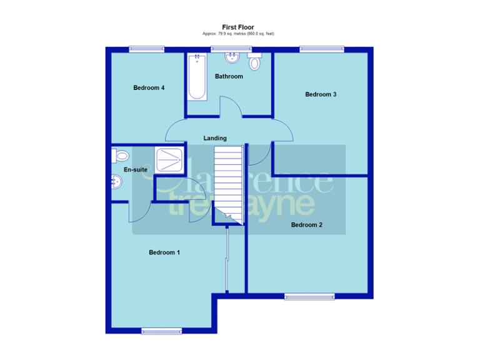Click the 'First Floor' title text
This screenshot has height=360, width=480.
click(238, 27)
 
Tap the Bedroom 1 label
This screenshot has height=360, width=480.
click(164, 252)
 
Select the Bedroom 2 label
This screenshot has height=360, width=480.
click(306, 225)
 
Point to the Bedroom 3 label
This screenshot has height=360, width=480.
click(321, 94)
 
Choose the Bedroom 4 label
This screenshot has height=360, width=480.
click(149, 88)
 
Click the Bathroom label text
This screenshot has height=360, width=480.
click(229, 76)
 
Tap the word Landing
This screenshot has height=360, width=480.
click(215, 138)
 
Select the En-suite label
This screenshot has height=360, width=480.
click(135, 170)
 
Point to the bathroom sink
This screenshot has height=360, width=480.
click(232, 59)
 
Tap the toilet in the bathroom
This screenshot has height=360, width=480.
click(254, 62)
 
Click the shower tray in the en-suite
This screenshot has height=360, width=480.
click(169, 160)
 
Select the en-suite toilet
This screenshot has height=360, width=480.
click(120, 156)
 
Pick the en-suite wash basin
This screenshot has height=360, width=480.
click(116, 182)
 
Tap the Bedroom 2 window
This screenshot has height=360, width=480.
click(309, 296)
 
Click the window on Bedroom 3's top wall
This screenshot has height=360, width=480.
click(321, 49)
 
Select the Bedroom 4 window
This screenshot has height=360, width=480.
click(147, 49)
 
